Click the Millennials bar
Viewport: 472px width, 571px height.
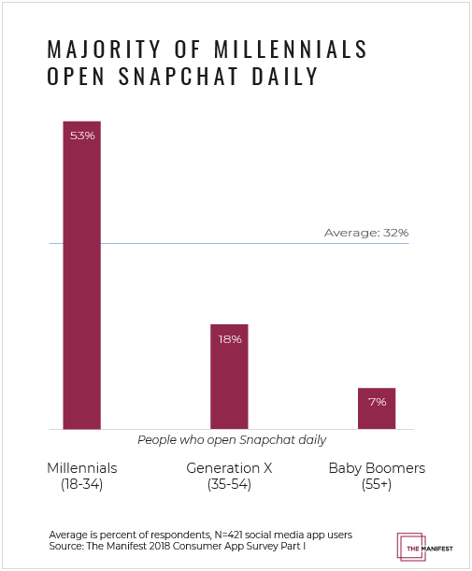pyautogui.click(x=81, y=280)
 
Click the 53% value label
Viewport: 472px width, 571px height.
pyautogui.click(x=81, y=136)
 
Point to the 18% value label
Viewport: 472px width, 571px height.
pyautogui.click(x=230, y=339)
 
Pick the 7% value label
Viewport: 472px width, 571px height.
pyautogui.click(x=377, y=401)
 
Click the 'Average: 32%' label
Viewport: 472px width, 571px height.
pyautogui.click(x=366, y=233)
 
